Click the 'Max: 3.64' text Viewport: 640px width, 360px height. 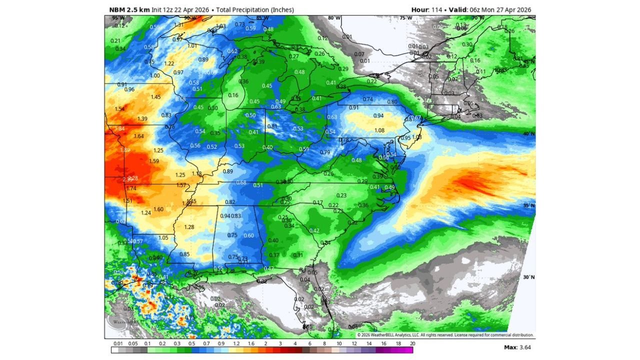(x=517, y=347)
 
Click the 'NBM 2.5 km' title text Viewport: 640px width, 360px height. (x=129, y=9)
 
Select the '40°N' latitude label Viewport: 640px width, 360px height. (x=529, y=134)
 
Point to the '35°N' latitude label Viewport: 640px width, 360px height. (x=529, y=205)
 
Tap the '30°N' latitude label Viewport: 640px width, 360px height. (x=529, y=277)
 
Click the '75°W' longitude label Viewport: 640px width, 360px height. (x=406, y=18)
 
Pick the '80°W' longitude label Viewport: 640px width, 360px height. (x=334, y=18)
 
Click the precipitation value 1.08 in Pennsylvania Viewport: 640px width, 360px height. (x=379, y=130)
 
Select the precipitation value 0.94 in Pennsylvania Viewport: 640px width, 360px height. (x=378, y=115)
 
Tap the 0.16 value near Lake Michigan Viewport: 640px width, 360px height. (x=233, y=95)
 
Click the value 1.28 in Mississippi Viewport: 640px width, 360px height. (x=189, y=227)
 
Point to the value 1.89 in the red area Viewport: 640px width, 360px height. (x=125, y=150)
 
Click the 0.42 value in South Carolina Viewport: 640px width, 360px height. (x=314, y=230)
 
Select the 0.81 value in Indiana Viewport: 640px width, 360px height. (x=272, y=126)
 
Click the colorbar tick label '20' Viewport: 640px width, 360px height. (x=412, y=343)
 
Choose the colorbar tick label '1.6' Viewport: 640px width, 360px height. (x=250, y=343)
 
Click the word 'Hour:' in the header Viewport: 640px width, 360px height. (x=420, y=9)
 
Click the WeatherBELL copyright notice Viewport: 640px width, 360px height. (x=445, y=335)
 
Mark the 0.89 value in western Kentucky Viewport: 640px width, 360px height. (x=227, y=171)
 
